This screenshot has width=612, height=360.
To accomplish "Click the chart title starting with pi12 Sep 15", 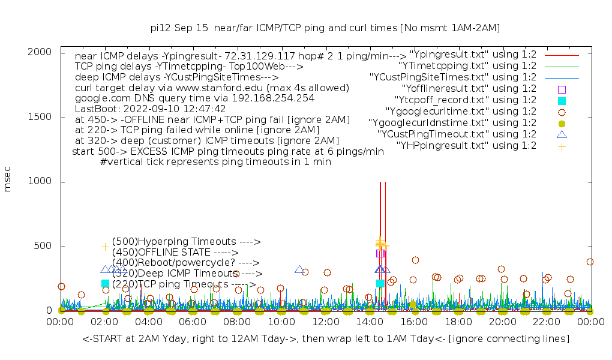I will pos(325,28).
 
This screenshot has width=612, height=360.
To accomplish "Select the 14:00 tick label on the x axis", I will pos(347,323).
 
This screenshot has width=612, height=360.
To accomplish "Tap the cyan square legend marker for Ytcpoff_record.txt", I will pos(562,100).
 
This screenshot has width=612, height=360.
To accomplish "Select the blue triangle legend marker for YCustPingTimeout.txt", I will pos(562,134).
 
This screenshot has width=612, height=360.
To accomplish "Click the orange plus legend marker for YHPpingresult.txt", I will pos(562,146).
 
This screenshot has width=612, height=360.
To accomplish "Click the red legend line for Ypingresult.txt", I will pos(562,55).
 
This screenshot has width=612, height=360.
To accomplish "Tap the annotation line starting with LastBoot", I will pos(151,109).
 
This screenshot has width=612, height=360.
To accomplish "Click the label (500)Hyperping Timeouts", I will pos(186,242).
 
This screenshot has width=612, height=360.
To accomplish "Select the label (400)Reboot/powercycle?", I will pos(185,263).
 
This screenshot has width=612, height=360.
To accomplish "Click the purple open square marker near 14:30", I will pos(380,253).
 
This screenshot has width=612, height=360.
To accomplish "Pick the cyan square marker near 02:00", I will pos(106,283).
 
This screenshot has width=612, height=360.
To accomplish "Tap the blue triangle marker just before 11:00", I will pos(299,269).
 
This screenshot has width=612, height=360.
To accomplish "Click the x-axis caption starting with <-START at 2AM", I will pos(326,339).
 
